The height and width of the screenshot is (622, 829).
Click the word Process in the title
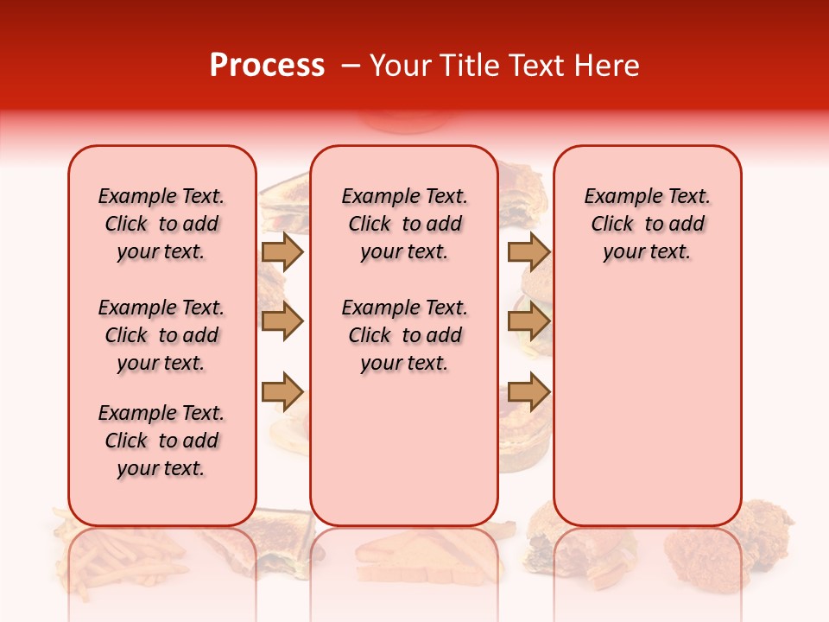tap(267, 66)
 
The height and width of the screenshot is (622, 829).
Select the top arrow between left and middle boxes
tap(282, 251)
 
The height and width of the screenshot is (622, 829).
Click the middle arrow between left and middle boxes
tap(282, 321)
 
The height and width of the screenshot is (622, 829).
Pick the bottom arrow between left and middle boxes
tap(282, 391)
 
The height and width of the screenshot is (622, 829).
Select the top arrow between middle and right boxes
tap(528, 251)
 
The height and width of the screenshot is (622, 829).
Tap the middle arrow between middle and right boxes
tap(528, 321)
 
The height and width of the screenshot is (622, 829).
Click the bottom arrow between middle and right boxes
tap(528, 391)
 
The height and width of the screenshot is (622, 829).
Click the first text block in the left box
tap(161, 224)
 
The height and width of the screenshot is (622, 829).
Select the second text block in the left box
tap(161, 335)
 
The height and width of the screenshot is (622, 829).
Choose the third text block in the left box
tap(161, 441)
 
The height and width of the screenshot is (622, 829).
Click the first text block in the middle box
tap(404, 224)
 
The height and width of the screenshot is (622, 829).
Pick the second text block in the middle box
tap(404, 335)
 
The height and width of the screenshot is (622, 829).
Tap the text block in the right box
tap(647, 224)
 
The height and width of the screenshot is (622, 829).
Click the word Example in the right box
tap(615, 196)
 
